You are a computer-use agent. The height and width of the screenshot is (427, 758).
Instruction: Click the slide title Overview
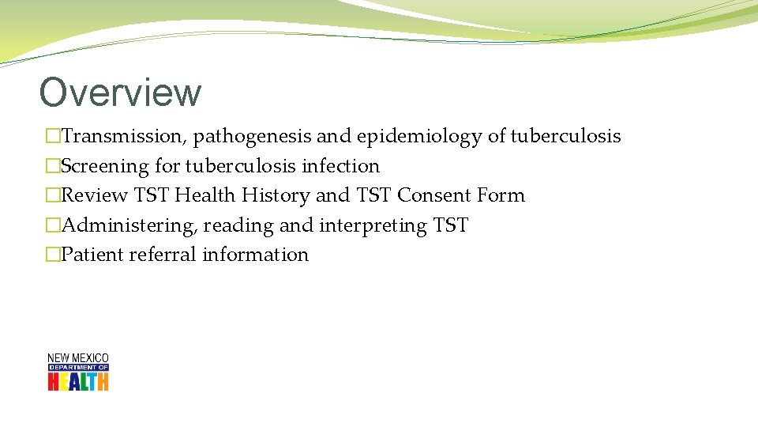[x=120, y=93]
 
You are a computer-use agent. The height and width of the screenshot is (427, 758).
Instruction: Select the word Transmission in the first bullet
[x=122, y=137]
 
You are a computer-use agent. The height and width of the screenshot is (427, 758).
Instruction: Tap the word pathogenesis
[x=252, y=137]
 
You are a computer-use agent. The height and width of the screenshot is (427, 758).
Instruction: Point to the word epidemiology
[x=418, y=137]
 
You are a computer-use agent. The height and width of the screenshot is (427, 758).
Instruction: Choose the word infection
[x=340, y=166]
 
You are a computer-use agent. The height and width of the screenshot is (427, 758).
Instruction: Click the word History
[x=276, y=195]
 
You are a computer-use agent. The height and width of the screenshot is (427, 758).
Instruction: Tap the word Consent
[x=435, y=195]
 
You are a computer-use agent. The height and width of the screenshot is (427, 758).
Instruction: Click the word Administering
[x=128, y=225]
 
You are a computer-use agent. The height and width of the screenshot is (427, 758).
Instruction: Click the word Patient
[x=92, y=255]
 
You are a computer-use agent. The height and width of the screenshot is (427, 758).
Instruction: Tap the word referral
[x=164, y=255]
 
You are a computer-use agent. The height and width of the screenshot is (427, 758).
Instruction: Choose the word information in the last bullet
[x=255, y=255]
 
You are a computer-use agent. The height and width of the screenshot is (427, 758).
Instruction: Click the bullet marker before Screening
[x=53, y=167]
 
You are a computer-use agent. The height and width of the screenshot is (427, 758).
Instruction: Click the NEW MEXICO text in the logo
[x=78, y=358]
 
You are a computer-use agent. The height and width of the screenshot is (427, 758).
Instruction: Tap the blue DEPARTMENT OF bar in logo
[x=78, y=368]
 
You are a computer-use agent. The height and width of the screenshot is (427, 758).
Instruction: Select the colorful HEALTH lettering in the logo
[x=78, y=382]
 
